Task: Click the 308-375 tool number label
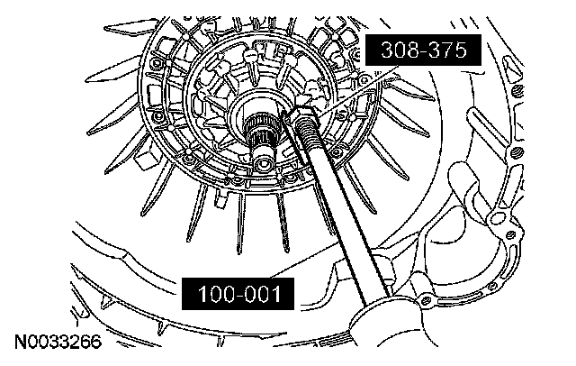[x=423, y=50]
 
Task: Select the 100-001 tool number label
[x=238, y=294]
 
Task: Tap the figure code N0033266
[x=58, y=342]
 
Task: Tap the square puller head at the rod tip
[x=302, y=112]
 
